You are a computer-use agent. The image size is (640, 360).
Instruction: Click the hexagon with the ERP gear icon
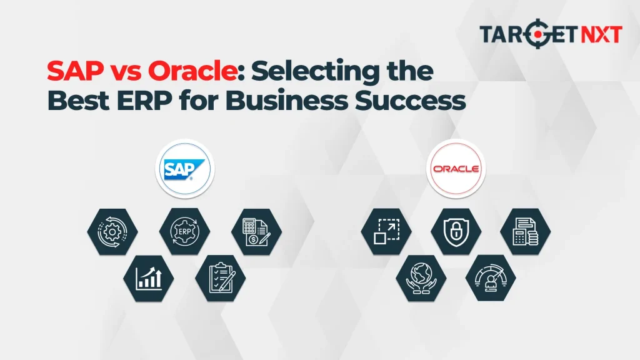click(184, 231)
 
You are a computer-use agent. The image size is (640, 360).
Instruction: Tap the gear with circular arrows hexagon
click(112, 231)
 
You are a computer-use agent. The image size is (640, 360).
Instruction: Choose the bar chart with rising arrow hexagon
click(148, 277)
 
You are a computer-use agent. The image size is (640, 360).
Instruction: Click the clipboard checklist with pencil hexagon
click(220, 277)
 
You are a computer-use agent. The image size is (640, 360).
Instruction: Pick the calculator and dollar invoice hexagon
click(256, 231)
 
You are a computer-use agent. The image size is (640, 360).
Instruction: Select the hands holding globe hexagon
click(421, 277)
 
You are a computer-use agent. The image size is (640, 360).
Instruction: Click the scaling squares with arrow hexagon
click(386, 231)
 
